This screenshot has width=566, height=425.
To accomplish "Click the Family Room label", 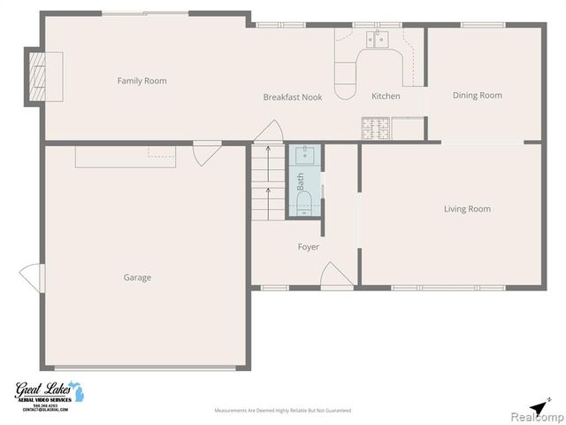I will (x=141, y=81).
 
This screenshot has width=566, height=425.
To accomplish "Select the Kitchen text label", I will (x=386, y=96).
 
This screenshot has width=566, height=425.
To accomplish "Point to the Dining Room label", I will (x=478, y=96).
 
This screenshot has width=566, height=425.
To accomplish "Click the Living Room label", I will (x=467, y=209).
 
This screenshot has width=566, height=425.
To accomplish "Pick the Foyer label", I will (x=308, y=247).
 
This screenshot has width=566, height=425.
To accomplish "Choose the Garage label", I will (x=137, y=277).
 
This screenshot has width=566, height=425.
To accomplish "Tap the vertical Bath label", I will (x=301, y=182).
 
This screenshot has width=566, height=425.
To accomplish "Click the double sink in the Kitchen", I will (x=379, y=37).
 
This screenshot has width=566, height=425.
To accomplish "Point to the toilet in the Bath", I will (x=303, y=205).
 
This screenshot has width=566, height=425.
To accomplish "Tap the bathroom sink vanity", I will (x=303, y=156).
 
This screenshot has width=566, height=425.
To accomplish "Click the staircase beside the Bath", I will (x=267, y=183).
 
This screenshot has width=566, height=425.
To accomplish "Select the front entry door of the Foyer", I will (x=337, y=275).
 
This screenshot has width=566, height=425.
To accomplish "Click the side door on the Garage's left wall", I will (x=32, y=278).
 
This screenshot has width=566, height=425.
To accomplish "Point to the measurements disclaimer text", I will (x=283, y=411).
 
